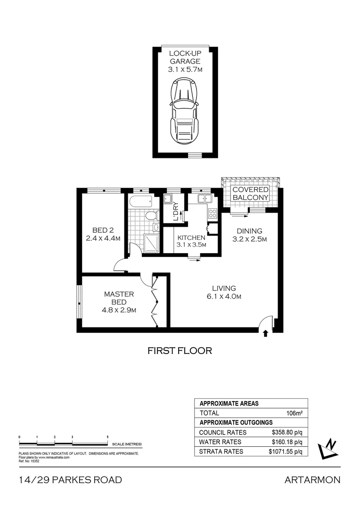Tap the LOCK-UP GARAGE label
coord(185,57)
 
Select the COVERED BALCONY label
coord(251,193)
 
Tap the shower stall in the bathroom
coord(151,243)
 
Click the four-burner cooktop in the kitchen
coord(213,213)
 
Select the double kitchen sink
coord(205,198)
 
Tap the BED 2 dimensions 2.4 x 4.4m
coord(103,238)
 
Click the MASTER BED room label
coord(118,298)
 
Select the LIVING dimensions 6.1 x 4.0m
coord(224,296)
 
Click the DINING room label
coord(249,231)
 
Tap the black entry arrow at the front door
coord(265,333)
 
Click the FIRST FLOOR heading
coord(180,351)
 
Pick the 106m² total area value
coord(294,413)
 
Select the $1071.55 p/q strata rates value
coord(285,451)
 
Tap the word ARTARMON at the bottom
coord(312,480)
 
